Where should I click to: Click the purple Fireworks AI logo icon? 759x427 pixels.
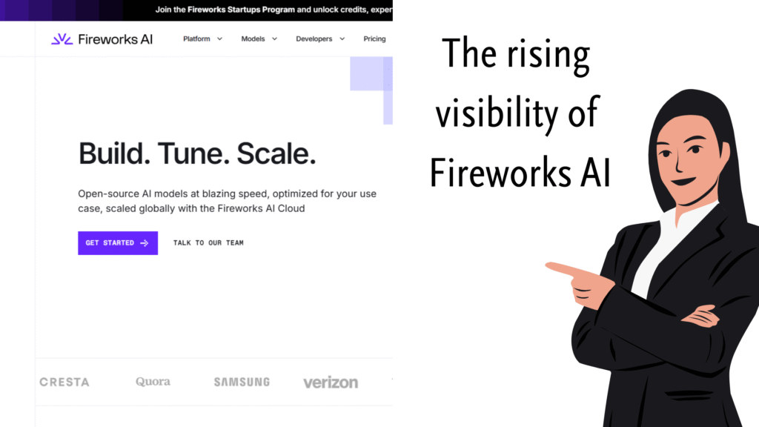click(62, 39)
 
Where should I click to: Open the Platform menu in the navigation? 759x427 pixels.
click(202, 39)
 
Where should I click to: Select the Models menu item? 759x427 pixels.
click(259, 39)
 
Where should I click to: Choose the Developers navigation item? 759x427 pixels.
click(320, 39)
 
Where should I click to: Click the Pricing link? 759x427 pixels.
click(374, 39)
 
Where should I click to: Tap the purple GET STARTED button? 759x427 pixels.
click(118, 243)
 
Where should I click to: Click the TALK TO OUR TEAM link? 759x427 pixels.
click(208, 243)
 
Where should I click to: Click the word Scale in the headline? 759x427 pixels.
click(276, 154)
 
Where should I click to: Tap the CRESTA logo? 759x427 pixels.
click(64, 383)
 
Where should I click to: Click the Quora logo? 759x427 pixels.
click(153, 382)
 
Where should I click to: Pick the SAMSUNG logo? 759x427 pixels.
click(242, 382)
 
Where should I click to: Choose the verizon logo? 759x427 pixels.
click(331, 383)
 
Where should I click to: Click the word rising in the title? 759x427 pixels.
click(548, 56)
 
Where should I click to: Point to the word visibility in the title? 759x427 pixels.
click(496, 113)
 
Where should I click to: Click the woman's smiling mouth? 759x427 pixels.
click(684, 182)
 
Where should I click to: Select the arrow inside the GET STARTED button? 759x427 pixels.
click(145, 243)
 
